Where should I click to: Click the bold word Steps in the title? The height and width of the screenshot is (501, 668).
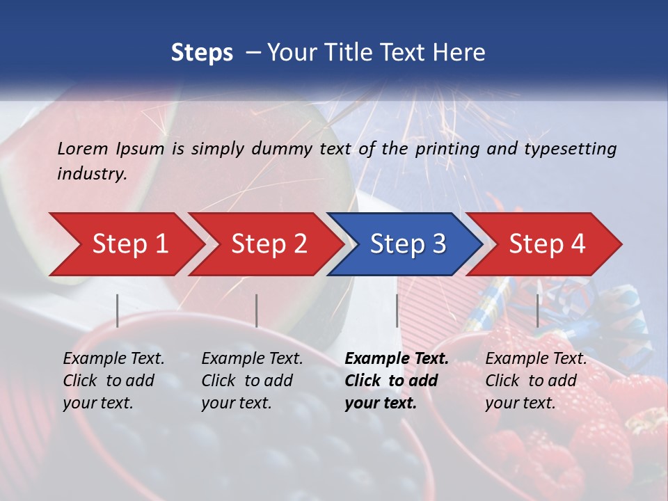(x=202, y=53)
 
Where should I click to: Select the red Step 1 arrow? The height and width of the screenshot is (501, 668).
(x=129, y=244)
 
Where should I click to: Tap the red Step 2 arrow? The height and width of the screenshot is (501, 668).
(x=269, y=244)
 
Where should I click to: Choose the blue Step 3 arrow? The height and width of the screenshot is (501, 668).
(x=407, y=244)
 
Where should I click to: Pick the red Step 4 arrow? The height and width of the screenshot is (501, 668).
(x=546, y=244)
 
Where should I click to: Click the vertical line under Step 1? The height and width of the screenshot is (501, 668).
(x=118, y=310)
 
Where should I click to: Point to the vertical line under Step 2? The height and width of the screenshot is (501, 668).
(x=257, y=310)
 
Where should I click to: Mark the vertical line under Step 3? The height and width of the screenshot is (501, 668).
(x=397, y=310)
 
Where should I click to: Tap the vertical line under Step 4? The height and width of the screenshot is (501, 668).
(x=538, y=310)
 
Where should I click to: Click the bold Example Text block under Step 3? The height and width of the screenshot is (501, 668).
(x=397, y=381)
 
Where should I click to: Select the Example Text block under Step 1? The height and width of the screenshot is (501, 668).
(x=113, y=381)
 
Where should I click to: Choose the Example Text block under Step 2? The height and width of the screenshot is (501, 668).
(x=252, y=381)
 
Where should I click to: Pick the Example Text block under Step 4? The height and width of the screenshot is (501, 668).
(x=536, y=381)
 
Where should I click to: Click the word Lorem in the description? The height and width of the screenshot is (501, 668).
(x=83, y=149)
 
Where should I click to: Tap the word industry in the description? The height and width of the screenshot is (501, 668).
(x=91, y=174)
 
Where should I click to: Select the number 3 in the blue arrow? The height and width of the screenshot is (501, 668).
(x=438, y=244)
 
